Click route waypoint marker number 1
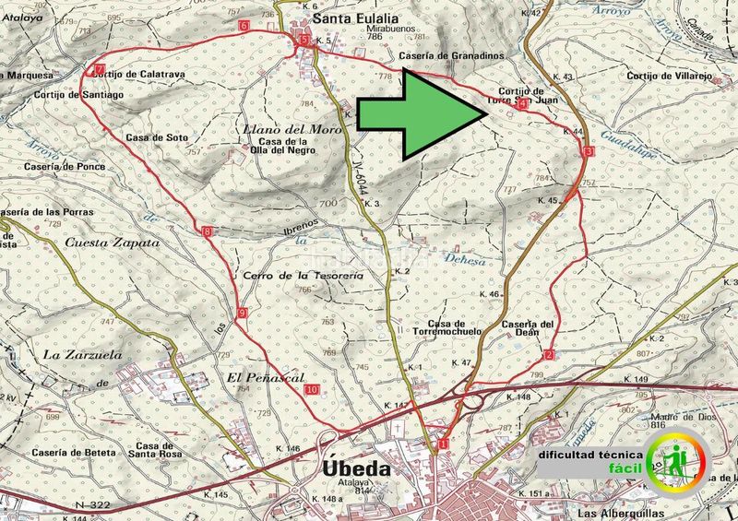443,444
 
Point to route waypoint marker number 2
549,355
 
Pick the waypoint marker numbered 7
98,69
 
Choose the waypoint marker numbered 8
207,231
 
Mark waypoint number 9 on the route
241,314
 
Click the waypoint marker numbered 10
312,389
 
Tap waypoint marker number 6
244,26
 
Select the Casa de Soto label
157,137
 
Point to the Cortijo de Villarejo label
670,76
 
